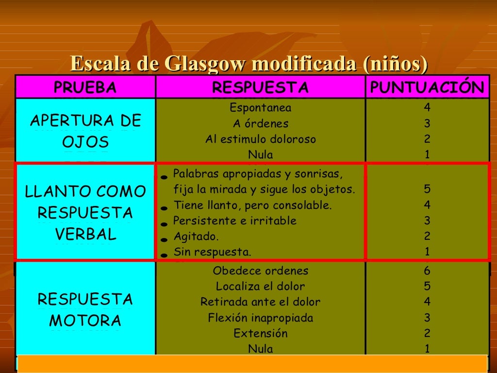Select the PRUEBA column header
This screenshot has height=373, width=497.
click(85, 87)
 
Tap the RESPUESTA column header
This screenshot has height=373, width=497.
click(260, 87)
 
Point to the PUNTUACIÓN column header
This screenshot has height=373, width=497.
click(427, 87)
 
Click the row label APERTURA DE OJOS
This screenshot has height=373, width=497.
click(85, 131)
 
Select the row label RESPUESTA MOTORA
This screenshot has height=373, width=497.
click(85, 310)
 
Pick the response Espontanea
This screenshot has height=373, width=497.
click(260, 108)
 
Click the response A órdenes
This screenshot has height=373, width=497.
click(260, 124)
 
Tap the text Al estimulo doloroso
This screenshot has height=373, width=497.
click(260, 139)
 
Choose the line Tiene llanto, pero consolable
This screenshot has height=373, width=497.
click(252, 205)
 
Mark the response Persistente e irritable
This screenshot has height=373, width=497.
click(234, 221)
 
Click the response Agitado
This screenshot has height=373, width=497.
click(196, 237)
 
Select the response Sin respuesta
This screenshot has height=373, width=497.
click(212, 252)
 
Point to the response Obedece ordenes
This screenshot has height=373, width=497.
click(260, 271)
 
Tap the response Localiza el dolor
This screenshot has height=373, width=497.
click(260, 287)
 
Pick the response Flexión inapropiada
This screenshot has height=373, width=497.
click(260, 318)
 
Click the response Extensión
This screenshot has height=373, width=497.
click(260, 334)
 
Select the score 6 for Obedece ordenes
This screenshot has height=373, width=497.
click(427, 271)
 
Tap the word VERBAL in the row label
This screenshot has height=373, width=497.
click(85, 235)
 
